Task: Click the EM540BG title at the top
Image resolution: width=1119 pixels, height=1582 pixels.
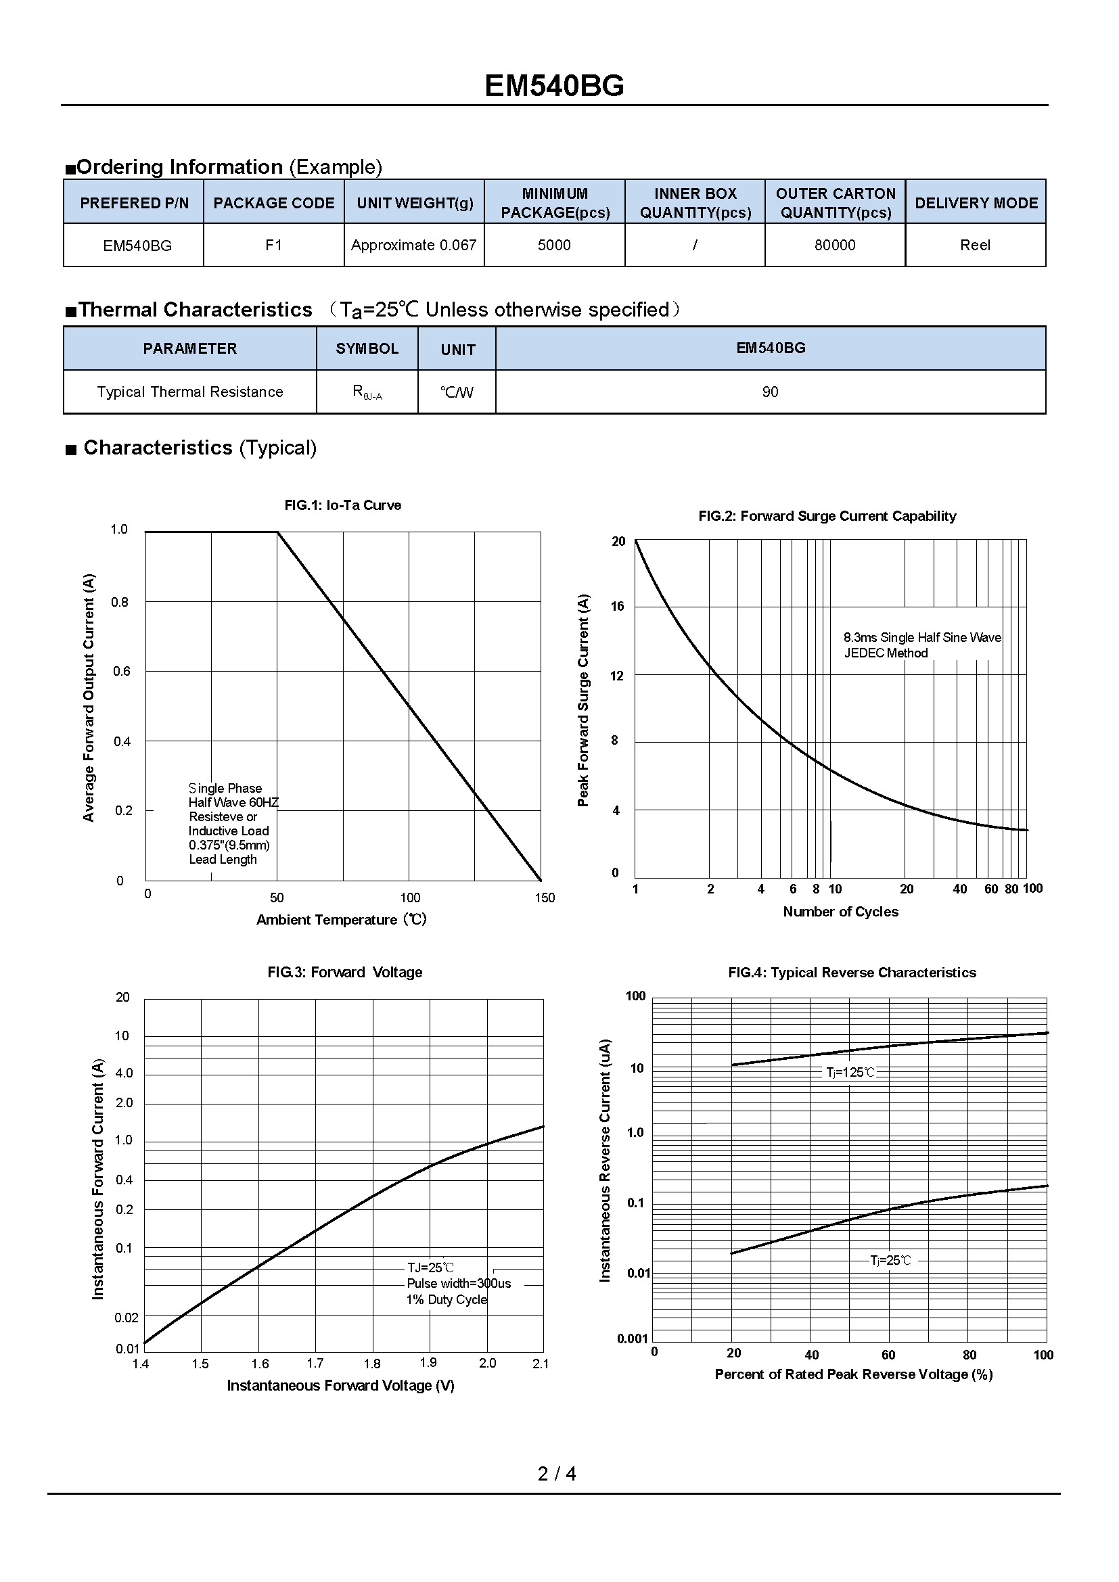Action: coord(554,86)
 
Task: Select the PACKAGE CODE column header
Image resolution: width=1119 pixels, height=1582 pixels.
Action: coord(273,204)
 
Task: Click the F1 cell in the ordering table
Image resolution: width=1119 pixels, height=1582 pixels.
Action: coord(273,246)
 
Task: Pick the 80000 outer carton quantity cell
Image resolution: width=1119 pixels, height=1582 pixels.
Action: coord(834,246)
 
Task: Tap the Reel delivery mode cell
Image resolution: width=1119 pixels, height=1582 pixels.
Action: coord(975,246)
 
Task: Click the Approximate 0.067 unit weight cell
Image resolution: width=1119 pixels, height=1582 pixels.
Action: coord(413,246)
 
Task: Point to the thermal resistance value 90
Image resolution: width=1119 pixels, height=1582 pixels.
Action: coord(770,392)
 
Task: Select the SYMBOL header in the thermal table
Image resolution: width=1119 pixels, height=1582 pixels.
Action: coord(367,348)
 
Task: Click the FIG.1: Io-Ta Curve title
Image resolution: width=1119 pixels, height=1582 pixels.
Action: coord(342,505)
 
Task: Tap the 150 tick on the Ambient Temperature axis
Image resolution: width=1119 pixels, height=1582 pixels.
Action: coord(545,898)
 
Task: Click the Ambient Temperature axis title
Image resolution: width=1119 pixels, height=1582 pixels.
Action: coord(342,920)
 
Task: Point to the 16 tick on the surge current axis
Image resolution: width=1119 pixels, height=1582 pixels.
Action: coord(618,606)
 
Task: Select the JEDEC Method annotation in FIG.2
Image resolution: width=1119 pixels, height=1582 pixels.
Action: coord(886,653)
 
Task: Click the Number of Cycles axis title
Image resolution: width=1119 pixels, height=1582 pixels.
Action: coord(841,912)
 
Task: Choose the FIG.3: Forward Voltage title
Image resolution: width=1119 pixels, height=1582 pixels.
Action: coord(344,972)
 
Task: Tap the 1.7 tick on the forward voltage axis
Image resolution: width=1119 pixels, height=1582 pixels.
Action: coord(315,1364)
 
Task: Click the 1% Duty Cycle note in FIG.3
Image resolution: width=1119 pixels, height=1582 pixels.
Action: coord(447,1299)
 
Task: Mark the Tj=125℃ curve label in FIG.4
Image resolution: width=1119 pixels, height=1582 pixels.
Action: coord(850,1073)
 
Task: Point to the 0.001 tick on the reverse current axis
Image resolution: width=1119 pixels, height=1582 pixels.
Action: coord(633,1339)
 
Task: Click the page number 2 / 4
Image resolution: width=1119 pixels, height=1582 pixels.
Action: coord(557,1474)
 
